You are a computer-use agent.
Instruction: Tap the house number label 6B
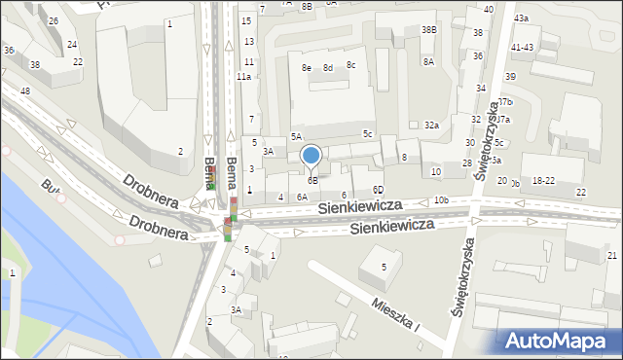(313, 180)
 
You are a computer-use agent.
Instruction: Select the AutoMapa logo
(561, 341)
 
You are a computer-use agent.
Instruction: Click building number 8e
(306, 68)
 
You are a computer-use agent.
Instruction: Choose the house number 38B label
(428, 30)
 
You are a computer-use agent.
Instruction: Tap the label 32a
(432, 126)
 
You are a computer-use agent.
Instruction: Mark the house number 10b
(441, 200)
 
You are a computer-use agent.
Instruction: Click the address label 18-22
(543, 181)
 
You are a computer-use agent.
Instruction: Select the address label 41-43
(522, 47)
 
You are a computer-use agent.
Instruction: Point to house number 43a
(522, 18)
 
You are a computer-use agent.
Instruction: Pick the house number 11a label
(243, 77)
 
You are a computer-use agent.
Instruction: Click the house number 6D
(378, 190)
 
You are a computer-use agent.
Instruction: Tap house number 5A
(296, 137)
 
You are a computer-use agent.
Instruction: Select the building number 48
(25, 91)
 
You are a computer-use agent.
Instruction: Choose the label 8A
(428, 61)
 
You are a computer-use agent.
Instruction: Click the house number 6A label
(302, 197)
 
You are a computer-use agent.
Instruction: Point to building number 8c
(351, 65)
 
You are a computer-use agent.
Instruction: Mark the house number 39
(510, 76)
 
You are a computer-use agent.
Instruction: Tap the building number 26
(53, 20)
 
